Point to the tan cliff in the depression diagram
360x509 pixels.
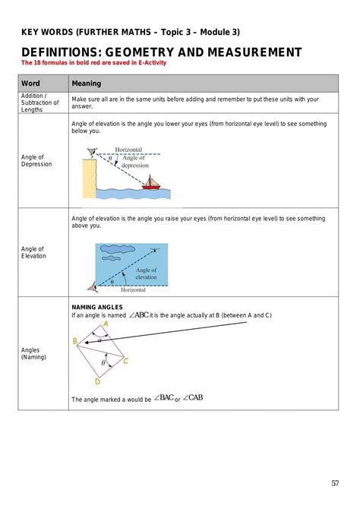pyautogui.click(x=90, y=176)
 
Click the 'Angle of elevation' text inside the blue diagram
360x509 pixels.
pyautogui.click(x=146, y=273)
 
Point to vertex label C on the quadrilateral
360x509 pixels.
pyautogui.click(x=125, y=361)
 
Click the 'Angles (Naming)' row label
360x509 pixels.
pyautogui.click(x=33, y=353)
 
